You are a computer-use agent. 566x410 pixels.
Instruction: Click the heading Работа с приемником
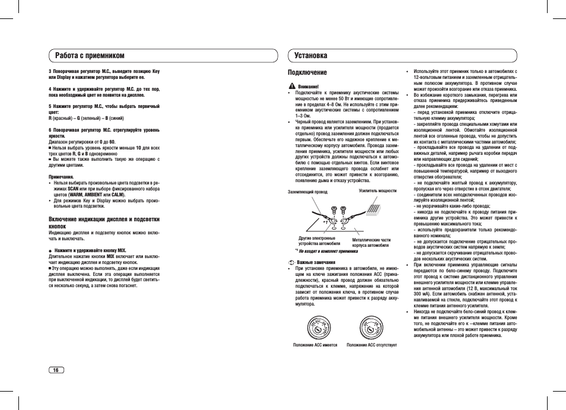90,55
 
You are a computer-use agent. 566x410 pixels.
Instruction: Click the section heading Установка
310,55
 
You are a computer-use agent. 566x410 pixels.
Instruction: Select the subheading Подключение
307,72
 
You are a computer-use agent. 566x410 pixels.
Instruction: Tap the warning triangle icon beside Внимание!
291,87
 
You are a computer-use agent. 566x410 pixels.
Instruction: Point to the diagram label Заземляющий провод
307,192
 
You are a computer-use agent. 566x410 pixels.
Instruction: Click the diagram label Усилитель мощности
377,191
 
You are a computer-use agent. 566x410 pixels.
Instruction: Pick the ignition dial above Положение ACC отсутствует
371,328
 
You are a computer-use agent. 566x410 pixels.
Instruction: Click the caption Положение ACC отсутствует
372,345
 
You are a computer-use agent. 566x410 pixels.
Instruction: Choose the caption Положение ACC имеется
316,345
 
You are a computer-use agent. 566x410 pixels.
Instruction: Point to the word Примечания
61,177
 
